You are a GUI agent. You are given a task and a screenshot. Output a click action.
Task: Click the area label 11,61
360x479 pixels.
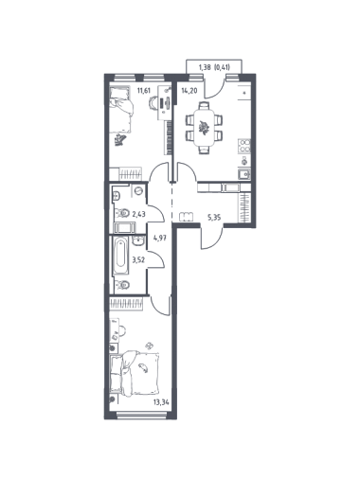tap(143, 91)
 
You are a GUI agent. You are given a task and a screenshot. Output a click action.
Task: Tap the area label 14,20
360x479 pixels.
tap(189, 91)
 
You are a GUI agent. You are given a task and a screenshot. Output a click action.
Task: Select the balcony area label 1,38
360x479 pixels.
tap(205, 67)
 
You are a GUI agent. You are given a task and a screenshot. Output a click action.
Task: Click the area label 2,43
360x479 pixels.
tap(138, 215)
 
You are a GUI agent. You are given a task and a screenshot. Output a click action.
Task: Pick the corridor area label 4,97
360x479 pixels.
tap(159, 238)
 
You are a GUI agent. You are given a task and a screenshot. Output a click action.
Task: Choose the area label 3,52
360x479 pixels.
tap(138, 260)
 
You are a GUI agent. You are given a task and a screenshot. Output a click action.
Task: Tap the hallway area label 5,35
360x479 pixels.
tap(214, 218)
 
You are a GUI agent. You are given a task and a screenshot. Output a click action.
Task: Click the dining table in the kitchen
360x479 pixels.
tap(204, 127)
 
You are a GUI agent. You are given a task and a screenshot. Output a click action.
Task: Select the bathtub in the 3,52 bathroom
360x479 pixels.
tap(121, 257)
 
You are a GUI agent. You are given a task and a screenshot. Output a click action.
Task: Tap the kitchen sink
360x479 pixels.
tap(244, 174)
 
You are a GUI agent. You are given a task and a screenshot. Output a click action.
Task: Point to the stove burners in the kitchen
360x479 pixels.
tap(243, 146)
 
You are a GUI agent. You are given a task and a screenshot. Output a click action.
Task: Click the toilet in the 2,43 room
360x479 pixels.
tap(122, 213)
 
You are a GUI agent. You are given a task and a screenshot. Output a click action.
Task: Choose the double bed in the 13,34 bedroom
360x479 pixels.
tap(134, 374)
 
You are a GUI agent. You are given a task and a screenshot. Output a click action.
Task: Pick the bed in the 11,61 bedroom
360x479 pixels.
tap(120, 109)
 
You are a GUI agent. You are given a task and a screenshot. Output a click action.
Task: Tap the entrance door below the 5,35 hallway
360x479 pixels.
tap(212, 238)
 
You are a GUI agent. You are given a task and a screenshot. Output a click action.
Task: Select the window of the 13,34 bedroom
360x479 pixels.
tap(141, 416)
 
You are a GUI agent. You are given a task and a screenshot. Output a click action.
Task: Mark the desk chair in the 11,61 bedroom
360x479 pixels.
tap(153, 103)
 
